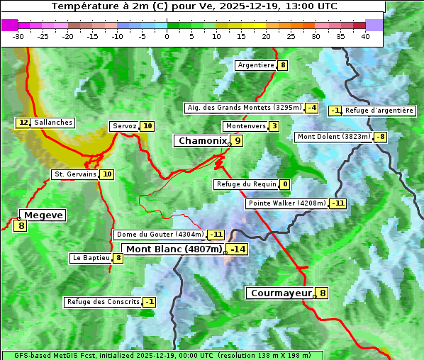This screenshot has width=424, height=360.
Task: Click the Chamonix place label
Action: click(x=201, y=141)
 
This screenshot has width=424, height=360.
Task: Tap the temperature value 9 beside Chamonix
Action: click(x=238, y=141)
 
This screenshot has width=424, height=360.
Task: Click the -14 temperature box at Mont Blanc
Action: click(x=238, y=249)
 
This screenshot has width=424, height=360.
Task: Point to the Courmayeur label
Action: click(x=281, y=293)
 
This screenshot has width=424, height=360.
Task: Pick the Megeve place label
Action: click(x=43, y=215)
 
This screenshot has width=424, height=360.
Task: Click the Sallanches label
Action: click(x=52, y=123)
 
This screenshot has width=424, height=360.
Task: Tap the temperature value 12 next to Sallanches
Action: click(x=23, y=123)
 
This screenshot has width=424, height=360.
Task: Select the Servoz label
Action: click(x=124, y=126)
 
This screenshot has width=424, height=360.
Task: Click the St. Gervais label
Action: click(x=75, y=174)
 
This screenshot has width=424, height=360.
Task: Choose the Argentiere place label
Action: click(x=256, y=65)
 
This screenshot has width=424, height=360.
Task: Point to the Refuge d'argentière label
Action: click(x=379, y=111)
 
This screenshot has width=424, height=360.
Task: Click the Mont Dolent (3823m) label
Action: click(x=334, y=137)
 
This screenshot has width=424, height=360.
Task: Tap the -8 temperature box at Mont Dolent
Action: click(x=381, y=137)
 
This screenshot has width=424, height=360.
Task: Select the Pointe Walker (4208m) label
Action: click(x=286, y=203)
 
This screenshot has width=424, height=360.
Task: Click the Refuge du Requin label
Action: click(x=245, y=184)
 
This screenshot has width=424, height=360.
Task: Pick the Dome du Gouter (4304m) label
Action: click(x=160, y=235)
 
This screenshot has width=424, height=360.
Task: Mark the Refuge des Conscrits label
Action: click(x=103, y=302)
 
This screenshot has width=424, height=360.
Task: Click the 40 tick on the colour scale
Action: click(x=365, y=37)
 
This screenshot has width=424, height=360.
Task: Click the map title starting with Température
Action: click(x=194, y=6)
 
